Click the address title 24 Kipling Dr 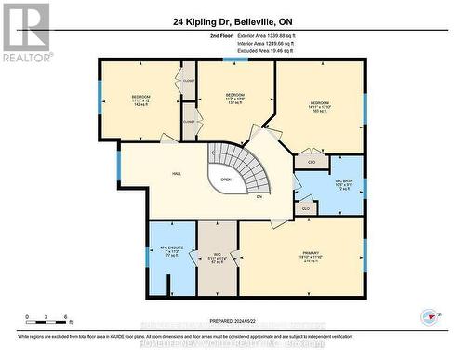click(232, 20)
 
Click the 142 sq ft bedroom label click(140, 100)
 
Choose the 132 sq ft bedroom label click(234, 100)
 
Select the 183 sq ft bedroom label click(319, 107)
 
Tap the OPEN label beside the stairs click(226, 180)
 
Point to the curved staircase click(249, 172)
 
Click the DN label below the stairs click(259, 196)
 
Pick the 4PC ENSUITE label click(171, 250)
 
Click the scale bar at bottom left click(44, 322)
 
